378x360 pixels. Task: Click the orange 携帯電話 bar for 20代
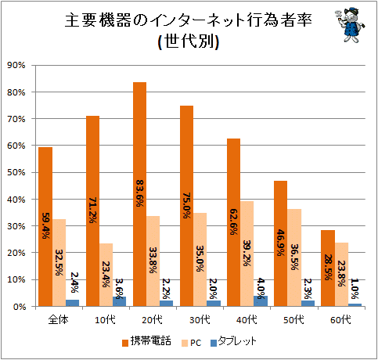(x=139, y=194)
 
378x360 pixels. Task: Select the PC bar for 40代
(x=247, y=254)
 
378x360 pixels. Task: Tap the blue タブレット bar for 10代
(x=120, y=301)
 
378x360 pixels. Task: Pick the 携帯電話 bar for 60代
(x=328, y=268)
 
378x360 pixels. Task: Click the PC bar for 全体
(x=59, y=263)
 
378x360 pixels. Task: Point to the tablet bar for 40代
(x=261, y=301)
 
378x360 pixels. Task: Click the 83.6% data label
(x=139, y=193)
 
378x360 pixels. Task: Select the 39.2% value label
(x=247, y=253)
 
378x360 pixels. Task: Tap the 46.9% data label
(x=281, y=243)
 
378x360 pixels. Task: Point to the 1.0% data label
(x=355, y=289)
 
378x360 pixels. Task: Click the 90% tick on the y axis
(x=16, y=65)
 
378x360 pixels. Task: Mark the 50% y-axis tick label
(x=16, y=172)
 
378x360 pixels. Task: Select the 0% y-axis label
(x=20, y=307)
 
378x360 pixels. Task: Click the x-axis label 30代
(x=200, y=319)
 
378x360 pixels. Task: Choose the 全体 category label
(x=58, y=319)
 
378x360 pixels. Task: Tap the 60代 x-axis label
(x=340, y=319)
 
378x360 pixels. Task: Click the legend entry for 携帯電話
(x=146, y=341)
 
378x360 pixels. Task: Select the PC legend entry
(x=192, y=343)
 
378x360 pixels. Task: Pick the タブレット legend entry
(x=233, y=341)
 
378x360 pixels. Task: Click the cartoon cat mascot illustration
(x=350, y=25)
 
